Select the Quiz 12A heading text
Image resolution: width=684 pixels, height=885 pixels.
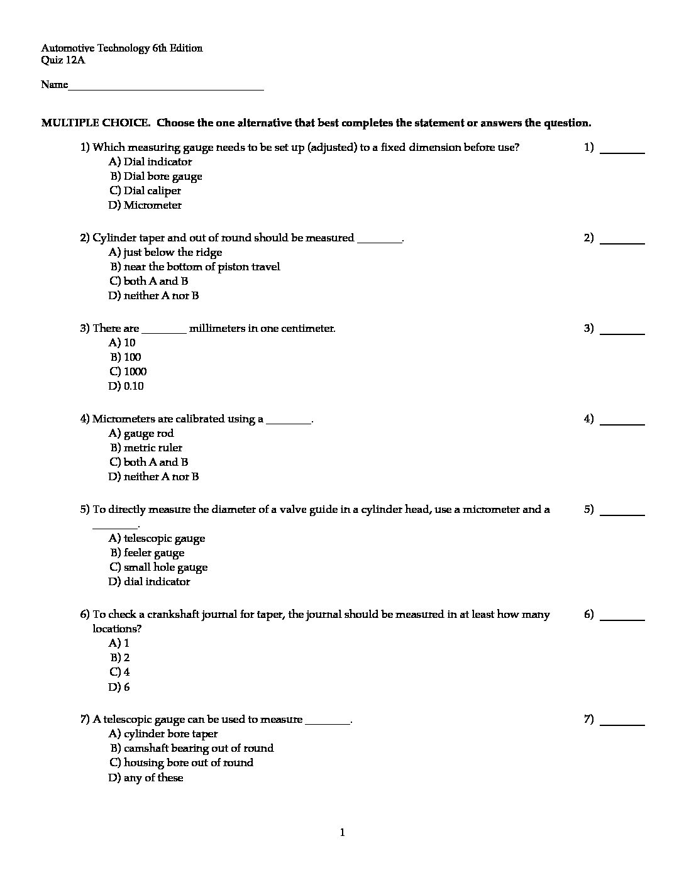(x=63, y=60)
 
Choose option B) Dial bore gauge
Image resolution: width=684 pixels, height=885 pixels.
(x=156, y=177)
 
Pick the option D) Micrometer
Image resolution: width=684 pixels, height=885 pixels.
(x=145, y=206)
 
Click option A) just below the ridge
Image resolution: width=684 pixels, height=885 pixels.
(x=165, y=253)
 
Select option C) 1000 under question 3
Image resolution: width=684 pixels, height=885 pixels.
(x=128, y=372)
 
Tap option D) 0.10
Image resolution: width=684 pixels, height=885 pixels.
(x=126, y=387)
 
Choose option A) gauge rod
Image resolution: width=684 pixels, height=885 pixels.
(x=141, y=434)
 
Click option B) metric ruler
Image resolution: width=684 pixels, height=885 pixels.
(x=146, y=448)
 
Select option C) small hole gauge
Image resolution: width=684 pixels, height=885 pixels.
(x=158, y=568)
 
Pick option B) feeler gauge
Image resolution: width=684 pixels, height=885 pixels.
(x=147, y=553)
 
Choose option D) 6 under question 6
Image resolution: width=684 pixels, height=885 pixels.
(x=119, y=688)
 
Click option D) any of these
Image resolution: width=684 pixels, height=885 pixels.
(x=146, y=778)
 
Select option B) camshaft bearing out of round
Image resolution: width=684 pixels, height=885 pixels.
(x=192, y=749)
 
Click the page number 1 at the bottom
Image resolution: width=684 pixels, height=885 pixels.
(x=342, y=833)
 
